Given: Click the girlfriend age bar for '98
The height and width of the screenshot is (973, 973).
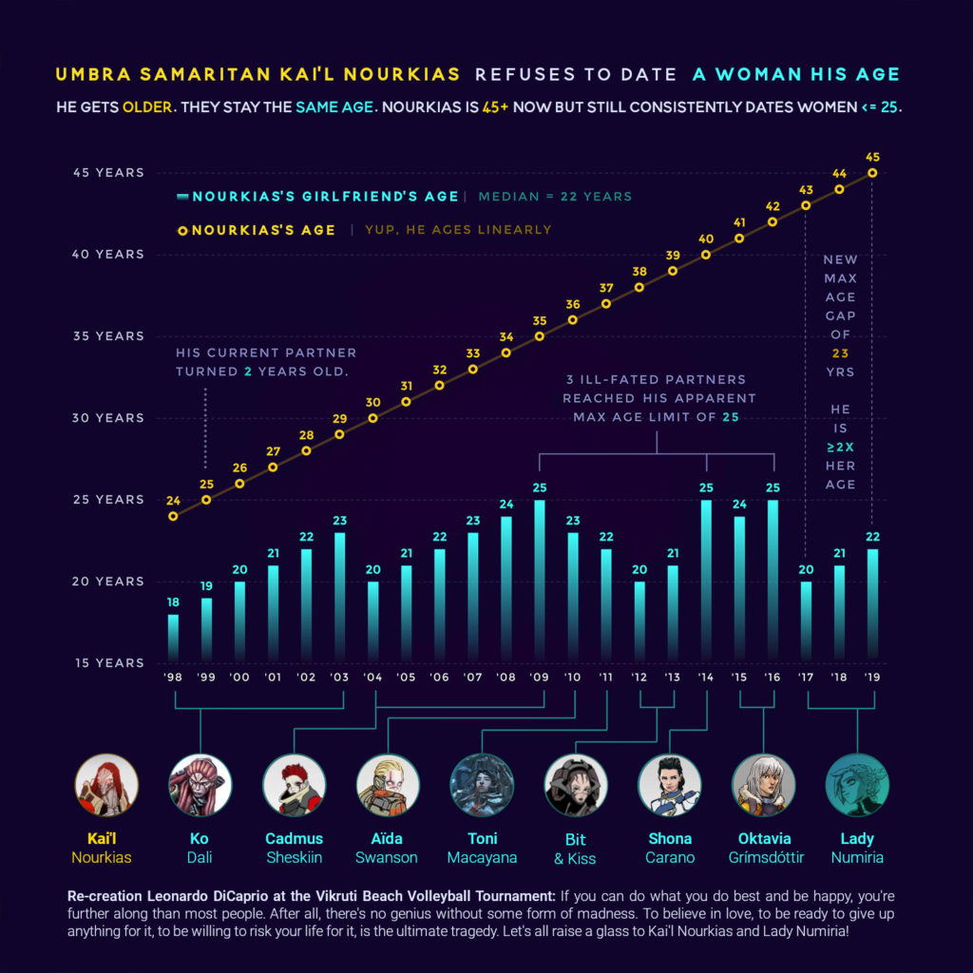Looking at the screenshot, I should tap(173, 636).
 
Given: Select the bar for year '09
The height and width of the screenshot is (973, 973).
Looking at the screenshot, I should tap(540, 579).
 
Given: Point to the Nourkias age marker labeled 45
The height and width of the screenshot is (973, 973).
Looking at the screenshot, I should tap(872, 173).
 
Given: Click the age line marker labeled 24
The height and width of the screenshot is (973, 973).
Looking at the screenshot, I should tap(173, 516).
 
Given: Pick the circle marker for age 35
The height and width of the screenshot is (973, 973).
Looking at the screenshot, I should tap(540, 336).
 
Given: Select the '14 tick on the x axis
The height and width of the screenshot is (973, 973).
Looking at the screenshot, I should tap(706, 677).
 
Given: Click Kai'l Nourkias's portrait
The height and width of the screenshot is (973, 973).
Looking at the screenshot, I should tap(106, 785).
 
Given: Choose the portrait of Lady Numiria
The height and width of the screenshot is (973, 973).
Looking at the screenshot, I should tap(857, 785).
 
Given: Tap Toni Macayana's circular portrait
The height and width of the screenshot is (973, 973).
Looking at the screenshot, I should tap(482, 785).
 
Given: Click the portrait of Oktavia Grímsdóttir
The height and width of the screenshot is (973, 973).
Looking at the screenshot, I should tap(764, 785).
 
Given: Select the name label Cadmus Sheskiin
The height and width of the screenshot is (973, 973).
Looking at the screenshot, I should tap(294, 848).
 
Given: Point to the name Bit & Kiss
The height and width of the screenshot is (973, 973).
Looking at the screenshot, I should tap(575, 849).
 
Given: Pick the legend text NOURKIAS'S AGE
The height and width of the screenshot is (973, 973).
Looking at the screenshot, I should tap(263, 230).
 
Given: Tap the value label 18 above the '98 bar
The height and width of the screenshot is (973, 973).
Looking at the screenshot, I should tap(173, 602).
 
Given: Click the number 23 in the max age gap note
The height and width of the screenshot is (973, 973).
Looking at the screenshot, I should tap(840, 353).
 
